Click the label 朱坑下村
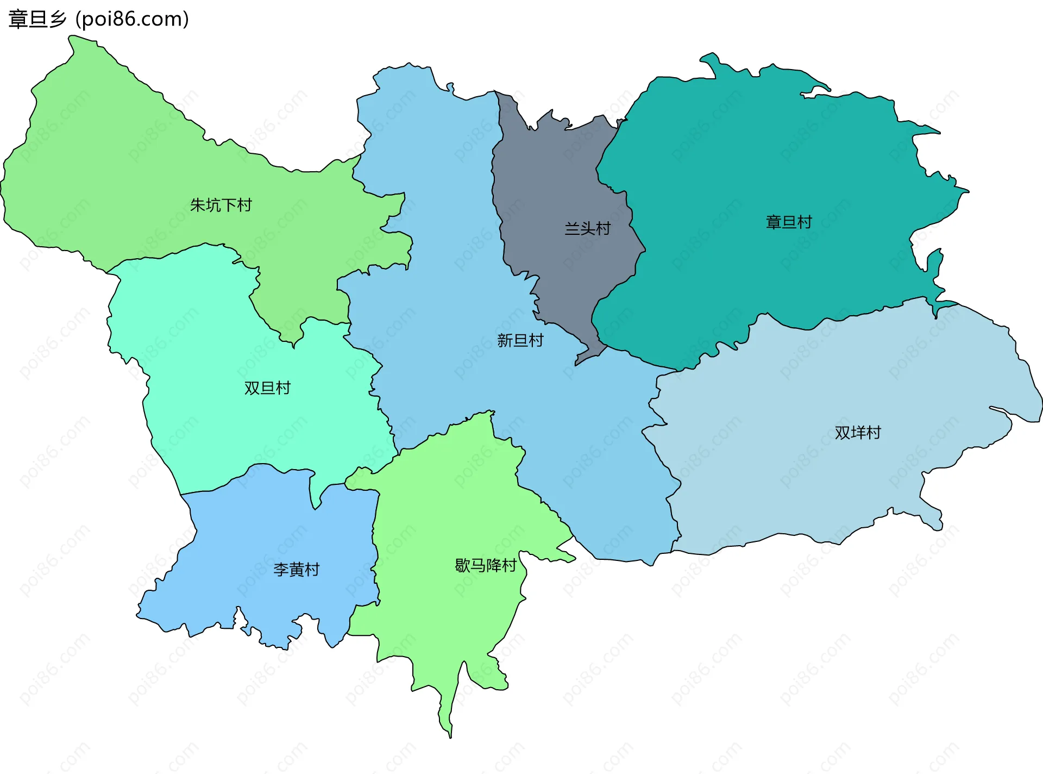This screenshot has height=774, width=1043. click(x=221, y=205)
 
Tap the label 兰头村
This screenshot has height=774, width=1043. click(x=587, y=228)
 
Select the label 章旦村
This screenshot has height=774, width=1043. click(x=789, y=222)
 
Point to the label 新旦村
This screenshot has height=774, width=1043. click(x=520, y=340)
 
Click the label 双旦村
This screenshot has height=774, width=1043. click(x=267, y=388)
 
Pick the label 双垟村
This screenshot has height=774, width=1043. click(x=858, y=433)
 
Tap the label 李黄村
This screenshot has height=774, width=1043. click(x=296, y=569)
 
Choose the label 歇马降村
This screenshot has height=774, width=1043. click(x=485, y=565)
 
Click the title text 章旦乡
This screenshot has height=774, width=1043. click(x=37, y=19)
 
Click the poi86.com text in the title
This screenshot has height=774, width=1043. click(x=132, y=19)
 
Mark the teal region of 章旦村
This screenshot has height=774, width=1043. click(x=761, y=163)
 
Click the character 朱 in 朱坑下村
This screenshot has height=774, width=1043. click(x=198, y=205)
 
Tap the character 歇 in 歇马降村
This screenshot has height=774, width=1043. click(x=462, y=565)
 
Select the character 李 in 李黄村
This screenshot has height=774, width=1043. click(x=281, y=569)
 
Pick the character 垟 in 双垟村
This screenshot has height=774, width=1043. click(x=858, y=433)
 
